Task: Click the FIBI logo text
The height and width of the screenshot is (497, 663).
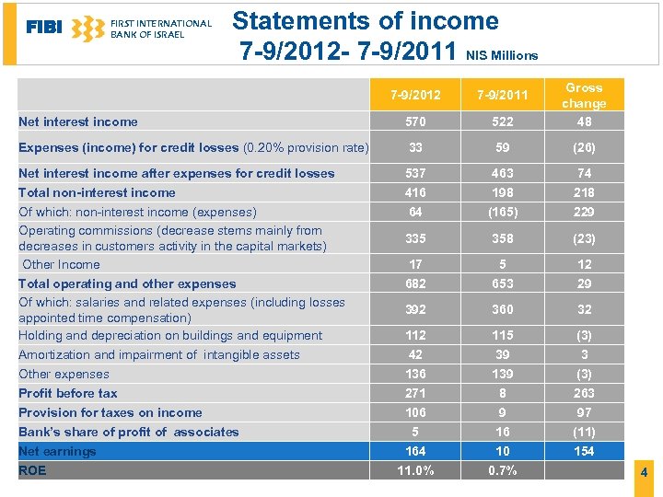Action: coord(44,28)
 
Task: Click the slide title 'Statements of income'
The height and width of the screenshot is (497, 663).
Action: coord(366,20)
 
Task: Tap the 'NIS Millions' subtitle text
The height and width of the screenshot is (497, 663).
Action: coord(502,55)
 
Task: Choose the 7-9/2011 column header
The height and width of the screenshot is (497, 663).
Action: coord(503,95)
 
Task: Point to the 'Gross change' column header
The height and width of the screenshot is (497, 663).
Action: coord(584,96)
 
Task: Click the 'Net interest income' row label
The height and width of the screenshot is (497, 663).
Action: coord(78,121)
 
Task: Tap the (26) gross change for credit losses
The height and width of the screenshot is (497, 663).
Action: coord(584,147)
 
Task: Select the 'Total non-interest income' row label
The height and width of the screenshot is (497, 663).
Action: coord(97,192)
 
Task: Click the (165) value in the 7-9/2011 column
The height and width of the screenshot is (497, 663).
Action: coord(503,212)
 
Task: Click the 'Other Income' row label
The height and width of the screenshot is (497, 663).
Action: coord(62,264)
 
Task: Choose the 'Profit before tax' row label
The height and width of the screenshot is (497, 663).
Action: coord(68,393)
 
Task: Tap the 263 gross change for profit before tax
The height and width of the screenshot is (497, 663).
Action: coord(584,393)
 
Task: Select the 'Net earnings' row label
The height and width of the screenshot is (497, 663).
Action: coord(57,451)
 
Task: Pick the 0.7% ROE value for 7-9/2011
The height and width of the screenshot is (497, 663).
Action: coord(503,470)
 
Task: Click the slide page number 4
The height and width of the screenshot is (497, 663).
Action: coord(644,472)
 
